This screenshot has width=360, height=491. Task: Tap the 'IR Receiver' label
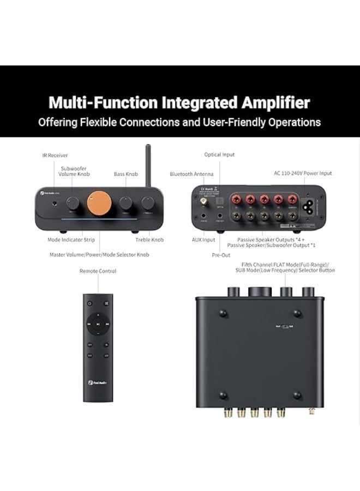click(x=55, y=155)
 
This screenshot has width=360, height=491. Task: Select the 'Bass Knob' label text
click(x=125, y=174)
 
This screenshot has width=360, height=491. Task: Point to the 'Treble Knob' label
click(x=149, y=239)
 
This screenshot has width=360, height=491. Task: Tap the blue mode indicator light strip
click(x=98, y=220)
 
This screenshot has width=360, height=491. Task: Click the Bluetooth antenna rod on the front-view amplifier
click(x=148, y=166)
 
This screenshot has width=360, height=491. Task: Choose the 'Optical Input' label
click(x=219, y=155)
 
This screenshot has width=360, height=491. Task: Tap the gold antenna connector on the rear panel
click(x=203, y=202)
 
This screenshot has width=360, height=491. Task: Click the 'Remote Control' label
click(x=98, y=271)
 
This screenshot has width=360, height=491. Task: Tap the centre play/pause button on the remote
click(x=98, y=324)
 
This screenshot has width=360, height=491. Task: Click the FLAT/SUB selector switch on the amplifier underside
click(x=282, y=326)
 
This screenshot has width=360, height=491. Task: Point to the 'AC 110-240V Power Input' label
click(x=303, y=173)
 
